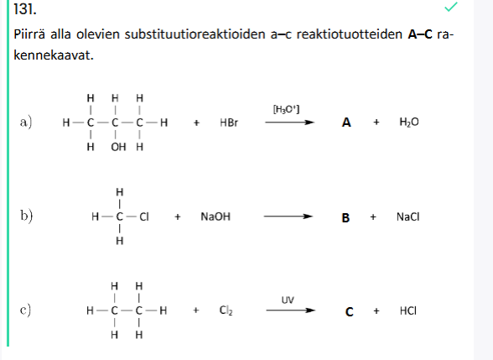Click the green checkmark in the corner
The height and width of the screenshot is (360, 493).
pos(451,7)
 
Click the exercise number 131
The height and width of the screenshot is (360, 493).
pos(25,9)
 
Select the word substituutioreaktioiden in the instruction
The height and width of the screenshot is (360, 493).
pos(195,34)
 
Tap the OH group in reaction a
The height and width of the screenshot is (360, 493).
pos(118,147)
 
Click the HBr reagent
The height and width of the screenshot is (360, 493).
pos(229,123)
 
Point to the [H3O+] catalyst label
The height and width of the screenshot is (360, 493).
pos(286,109)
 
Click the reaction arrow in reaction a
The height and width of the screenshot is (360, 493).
pos(289,123)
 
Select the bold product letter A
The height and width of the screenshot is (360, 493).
pos(346,123)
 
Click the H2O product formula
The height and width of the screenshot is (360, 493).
pos(409,123)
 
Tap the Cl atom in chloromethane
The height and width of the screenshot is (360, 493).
pos(144,217)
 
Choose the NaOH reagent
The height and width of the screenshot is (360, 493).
pos(215,217)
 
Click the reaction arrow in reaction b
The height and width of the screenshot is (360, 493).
pos(288,217)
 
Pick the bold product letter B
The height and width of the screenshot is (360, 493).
pos(345,218)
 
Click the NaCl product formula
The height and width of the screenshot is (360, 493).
pos(407,217)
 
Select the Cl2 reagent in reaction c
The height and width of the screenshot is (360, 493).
pos(226,310)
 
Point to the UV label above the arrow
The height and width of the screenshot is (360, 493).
pos(288,300)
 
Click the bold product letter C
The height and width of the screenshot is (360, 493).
pos(349,312)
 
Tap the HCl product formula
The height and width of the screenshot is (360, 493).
pos(408,310)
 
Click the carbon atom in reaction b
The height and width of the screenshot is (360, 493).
pos(119,217)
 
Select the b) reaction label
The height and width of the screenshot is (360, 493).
pos(27,217)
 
